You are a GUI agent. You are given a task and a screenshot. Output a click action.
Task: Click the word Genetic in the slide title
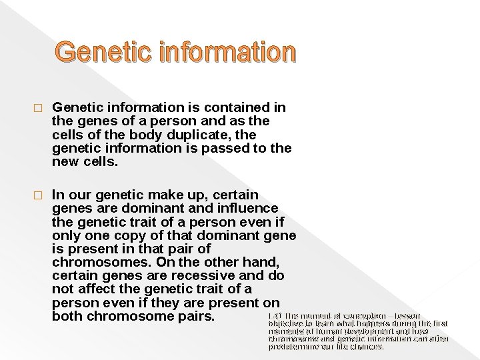[x=97, y=51]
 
